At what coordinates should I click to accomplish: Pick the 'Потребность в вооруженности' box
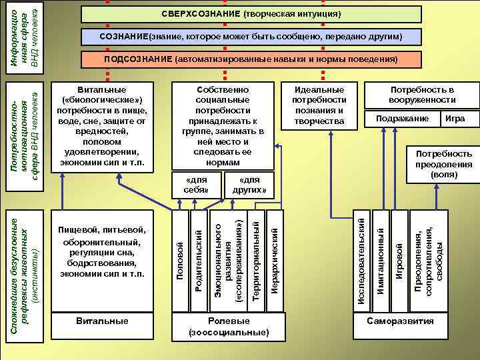[x=422, y=95]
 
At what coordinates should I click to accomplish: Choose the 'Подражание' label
[x=402, y=119]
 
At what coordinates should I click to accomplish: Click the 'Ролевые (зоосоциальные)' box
[x=229, y=326]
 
